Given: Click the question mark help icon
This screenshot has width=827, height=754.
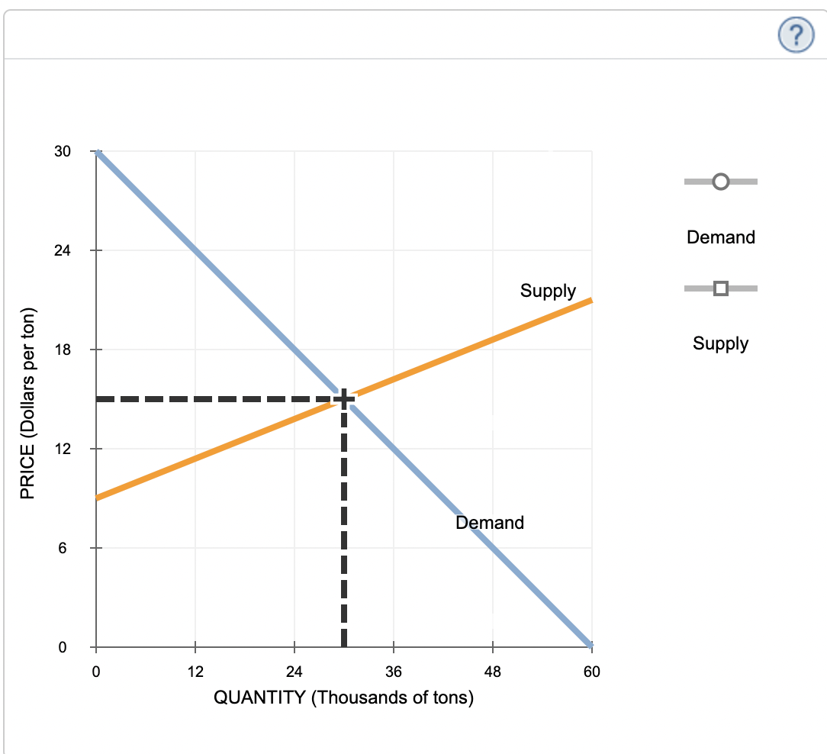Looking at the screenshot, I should tap(796, 34).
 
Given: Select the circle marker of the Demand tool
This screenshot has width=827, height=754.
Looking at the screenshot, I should tap(720, 182).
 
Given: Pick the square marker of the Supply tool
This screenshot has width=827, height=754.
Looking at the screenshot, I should tap(720, 288).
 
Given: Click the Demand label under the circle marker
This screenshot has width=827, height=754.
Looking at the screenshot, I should tap(720, 237).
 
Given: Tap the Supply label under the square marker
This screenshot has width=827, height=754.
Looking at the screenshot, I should tap(720, 343).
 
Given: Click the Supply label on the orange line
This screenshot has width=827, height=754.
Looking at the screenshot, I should tap(548, 291).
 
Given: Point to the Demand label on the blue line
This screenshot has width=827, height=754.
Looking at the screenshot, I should tap(490, 523).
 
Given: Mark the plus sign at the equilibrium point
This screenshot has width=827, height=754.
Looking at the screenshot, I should tap(343, 398).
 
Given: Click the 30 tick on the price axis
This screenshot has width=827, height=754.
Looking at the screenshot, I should tap(63, 151).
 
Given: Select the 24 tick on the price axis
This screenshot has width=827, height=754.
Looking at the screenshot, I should tap(63, 250).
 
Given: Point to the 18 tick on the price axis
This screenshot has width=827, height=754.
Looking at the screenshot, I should tap(63, 350).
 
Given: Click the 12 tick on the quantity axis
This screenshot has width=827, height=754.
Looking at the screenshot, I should tap(195, 672).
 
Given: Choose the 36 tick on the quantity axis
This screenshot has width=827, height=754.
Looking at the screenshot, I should tap(394, 672).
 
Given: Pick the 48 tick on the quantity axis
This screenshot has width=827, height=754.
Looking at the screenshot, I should tap(493, 672).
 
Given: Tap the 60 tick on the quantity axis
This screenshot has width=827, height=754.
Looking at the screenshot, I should tap(592, 672).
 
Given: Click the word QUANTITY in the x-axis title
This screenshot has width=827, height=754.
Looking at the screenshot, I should tap(260, 698).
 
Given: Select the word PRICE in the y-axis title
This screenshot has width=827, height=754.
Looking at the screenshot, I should tap(28, 476).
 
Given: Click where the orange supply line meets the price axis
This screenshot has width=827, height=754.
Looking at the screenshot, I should tap(96, 498).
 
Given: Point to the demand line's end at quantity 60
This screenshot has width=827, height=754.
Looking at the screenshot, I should tap(590, 646).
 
